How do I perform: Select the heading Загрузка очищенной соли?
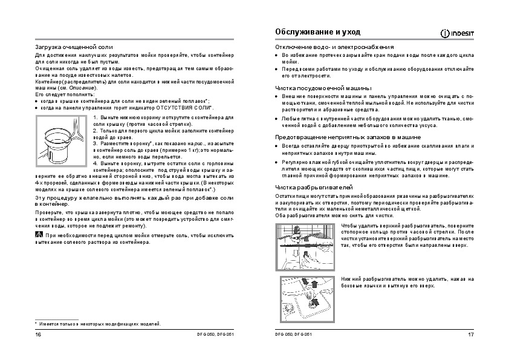[74, 47]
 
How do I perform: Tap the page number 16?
[38, 335]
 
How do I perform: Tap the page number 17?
[471, 335]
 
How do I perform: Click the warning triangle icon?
[39, 234]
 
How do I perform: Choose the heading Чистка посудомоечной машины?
[323, 88]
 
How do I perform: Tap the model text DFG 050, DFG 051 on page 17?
[294, 335]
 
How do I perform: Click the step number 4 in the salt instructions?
[95, 164]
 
